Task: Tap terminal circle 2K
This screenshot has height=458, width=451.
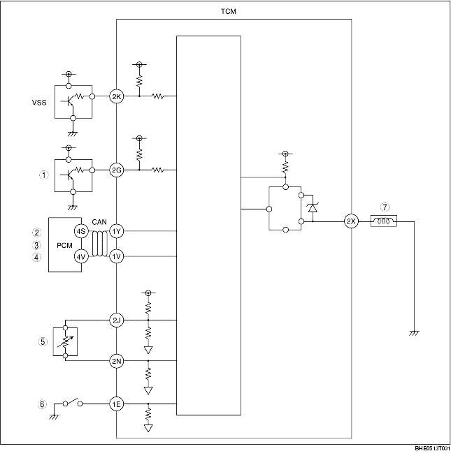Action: [117, 96]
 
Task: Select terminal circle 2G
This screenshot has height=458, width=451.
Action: [117, 169]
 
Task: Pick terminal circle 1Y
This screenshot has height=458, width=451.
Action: [117, 230]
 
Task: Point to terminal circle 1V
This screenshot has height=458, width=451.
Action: [117, 256]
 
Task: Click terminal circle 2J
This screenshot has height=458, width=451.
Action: [117, 320]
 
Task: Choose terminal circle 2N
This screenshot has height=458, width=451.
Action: [117, 361]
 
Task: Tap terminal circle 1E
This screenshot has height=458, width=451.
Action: [117, 404]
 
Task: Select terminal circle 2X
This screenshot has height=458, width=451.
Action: [351, 221]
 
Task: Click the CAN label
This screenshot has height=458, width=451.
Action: [99, 221]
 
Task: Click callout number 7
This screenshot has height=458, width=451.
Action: [383, 207]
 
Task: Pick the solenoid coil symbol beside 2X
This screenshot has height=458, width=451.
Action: [384, 221]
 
